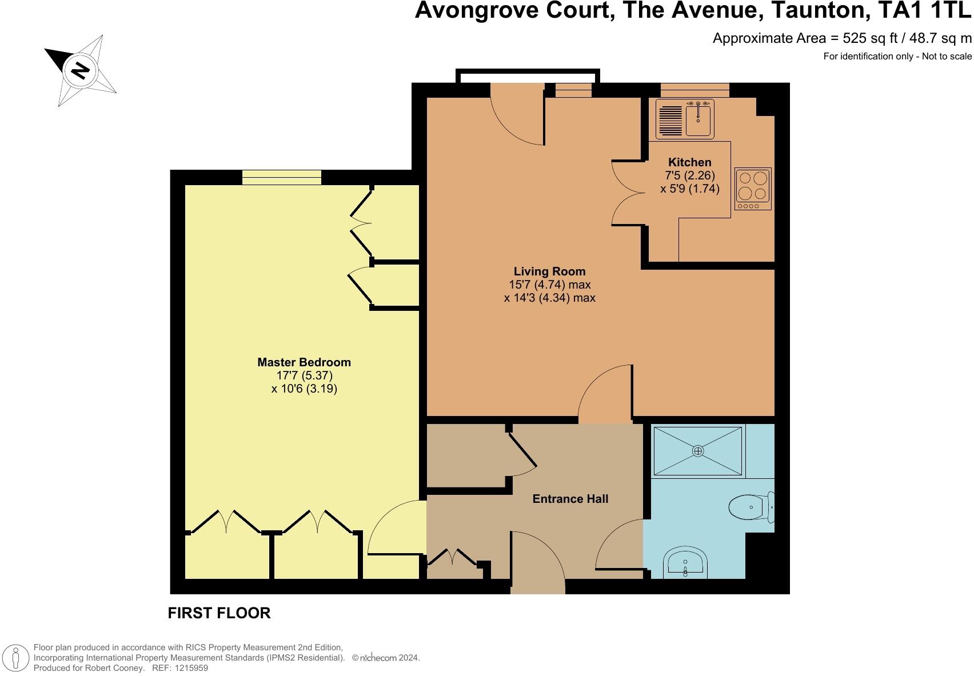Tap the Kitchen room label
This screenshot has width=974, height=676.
click(689, 162)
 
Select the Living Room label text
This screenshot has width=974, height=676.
click(549, 271)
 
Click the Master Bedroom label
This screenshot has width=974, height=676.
click(304, 362)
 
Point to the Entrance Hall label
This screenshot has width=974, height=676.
click(570, 499)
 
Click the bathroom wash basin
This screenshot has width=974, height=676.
click(686, 563)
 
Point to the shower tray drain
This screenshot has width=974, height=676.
click(697, 451)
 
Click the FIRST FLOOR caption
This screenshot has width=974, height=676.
click(219, 613)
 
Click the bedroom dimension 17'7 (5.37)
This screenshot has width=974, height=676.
click(304, 376)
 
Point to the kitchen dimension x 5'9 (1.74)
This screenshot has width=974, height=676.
click(689, 189)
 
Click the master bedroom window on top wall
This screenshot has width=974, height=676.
click(281, 177)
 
